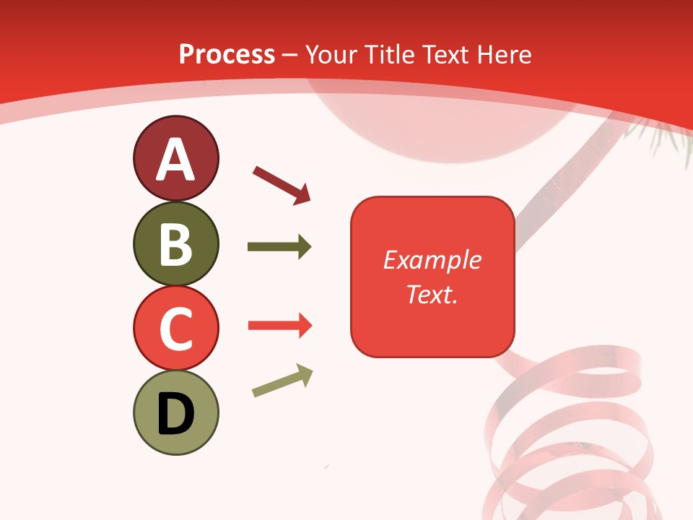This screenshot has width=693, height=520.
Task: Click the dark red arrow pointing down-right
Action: [x=282, y=185]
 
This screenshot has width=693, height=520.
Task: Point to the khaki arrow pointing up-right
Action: [x=282, y=381]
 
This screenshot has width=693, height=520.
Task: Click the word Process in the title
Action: [x=227, y=54]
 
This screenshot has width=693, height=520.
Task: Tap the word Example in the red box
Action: [x=432, y=260]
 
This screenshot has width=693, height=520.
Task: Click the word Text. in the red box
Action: [x=432, y=294]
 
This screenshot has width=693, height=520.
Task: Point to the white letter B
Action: [x=175, y=245]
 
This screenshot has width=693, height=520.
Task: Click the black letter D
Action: [x=175, y=414]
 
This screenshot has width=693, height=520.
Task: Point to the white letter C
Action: [x=175, y=329]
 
